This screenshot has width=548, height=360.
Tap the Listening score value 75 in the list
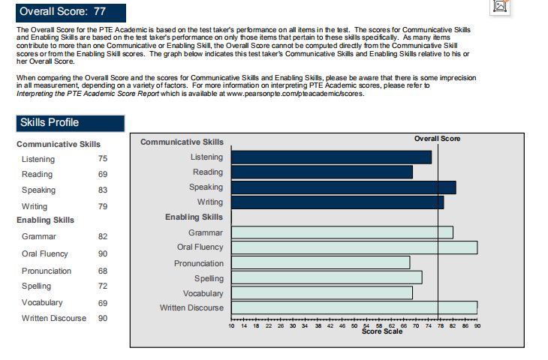coord(103,159)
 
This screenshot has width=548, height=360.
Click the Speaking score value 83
coord(103,190)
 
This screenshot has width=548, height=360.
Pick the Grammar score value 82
coord(103,237)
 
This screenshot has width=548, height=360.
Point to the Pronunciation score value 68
coord(103,271)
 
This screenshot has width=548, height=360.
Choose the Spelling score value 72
coord(103,286)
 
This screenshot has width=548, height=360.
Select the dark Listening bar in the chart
coord(331,157)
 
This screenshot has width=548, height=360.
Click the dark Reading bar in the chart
coord(321,172)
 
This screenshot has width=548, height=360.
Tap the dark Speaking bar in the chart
coord(343,187)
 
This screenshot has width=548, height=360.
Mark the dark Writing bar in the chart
coord(337,202)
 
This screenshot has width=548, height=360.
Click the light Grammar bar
coord(342,232)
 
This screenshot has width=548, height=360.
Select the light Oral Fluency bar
coord(354,247)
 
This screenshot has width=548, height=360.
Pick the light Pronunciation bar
coord(321,262)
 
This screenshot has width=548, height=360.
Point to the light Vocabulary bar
coord(321,292)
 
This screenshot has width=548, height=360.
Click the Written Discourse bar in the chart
coord(354,307)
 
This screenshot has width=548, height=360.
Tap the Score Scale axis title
coord(382,332)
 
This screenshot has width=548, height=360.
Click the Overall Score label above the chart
coord(437,139)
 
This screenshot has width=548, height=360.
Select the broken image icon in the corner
coord(501,6)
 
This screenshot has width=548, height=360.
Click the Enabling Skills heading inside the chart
coord(194,217)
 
